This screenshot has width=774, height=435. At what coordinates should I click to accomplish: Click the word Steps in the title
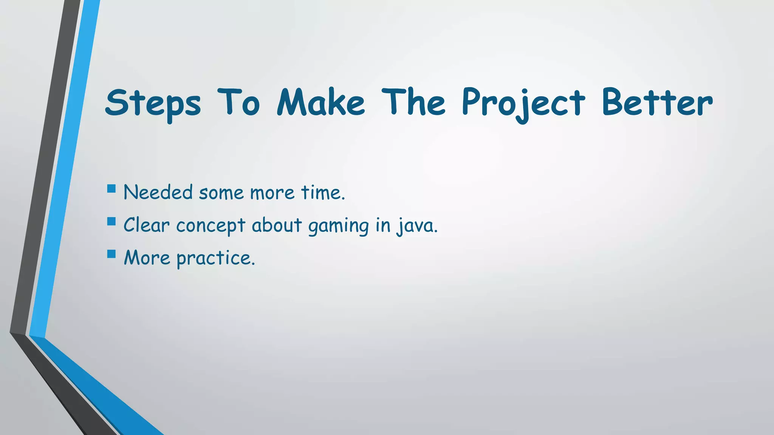tap(153, 103)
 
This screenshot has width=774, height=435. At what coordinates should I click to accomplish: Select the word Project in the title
tap(523, 103)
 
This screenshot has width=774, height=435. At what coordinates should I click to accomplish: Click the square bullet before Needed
tap(111, 188)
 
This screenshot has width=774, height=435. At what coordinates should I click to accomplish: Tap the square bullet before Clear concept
tap(111, 221)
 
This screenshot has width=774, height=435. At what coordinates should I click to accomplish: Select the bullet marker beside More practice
tap(111, 253)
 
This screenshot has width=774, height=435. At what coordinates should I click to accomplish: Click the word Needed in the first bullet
tap(158, 192)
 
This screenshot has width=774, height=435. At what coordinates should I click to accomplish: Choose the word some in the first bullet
tap(221, 193)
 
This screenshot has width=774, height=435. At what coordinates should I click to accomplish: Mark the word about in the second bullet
tap(277, 225)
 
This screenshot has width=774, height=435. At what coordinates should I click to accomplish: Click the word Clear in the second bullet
tap(147, 225)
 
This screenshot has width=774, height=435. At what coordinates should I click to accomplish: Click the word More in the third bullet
tap(147, 258)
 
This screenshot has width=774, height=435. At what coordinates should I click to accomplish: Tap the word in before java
tap(382, 225)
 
